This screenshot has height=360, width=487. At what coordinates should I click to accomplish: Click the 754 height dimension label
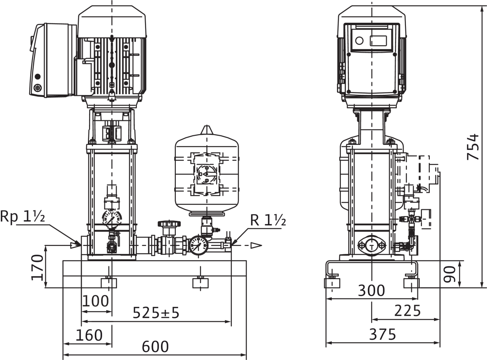pyautogui.click(x=473, y=147)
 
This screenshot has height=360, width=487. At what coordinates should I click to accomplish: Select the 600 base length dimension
pyautogui.click(x=155, y=347)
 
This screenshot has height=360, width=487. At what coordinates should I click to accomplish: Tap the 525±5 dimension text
pyautogui.click(x=156, y=312)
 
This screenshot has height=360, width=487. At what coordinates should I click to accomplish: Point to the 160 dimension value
pyautogui.click(x=89, y=335)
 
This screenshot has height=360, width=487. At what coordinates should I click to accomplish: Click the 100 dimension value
pyautogui.click(x=95, y=301)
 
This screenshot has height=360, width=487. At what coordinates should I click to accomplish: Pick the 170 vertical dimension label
pyautogui.click(x=37, y=267)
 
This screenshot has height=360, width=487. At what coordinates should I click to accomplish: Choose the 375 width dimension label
pyautogui.click(x=382, y=334)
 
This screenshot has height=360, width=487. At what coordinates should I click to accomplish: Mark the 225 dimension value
pyautogui.click(x=407, y=311)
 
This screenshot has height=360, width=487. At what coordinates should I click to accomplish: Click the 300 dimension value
pyautogui.click(x=371, y=290)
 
